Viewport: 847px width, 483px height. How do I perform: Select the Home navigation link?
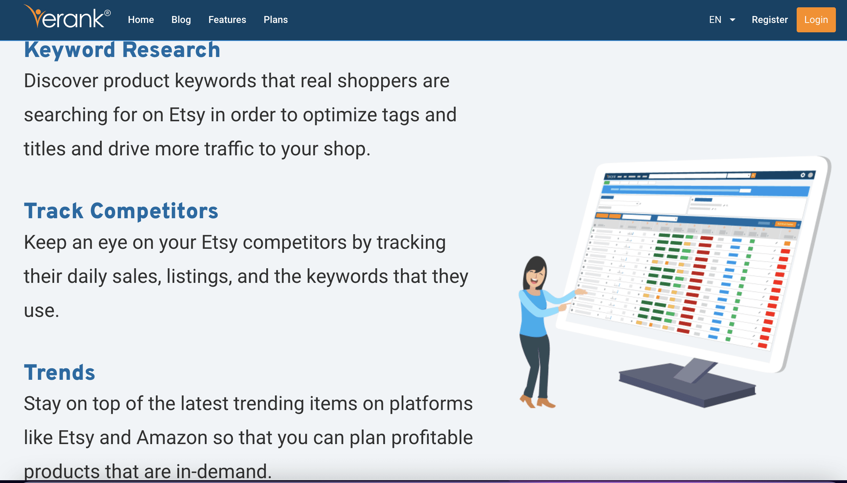pos(141,20)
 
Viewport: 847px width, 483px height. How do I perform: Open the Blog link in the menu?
pos(181,20)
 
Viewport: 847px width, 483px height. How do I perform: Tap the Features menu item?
pos(227,20)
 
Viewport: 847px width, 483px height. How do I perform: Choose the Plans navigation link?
pos(276,20)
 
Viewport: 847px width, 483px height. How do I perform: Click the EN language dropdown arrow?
pos(732,20)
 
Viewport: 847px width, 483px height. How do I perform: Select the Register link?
pos(770,20)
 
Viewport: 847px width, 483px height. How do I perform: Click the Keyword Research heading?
pos(122,50)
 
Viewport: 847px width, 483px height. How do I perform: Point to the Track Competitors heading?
pos(121,211)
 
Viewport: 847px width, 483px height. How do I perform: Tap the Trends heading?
pos(59,373)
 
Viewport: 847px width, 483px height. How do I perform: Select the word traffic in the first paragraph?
pos(229,149)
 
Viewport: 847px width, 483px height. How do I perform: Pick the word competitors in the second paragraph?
pos(295,243)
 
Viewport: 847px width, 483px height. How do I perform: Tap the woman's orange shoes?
pos(537,402)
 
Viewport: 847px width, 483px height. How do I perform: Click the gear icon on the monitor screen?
pos(803,175)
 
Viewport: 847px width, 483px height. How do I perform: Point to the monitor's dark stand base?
pos(687,385)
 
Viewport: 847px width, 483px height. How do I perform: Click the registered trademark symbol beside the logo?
pos(108,13)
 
